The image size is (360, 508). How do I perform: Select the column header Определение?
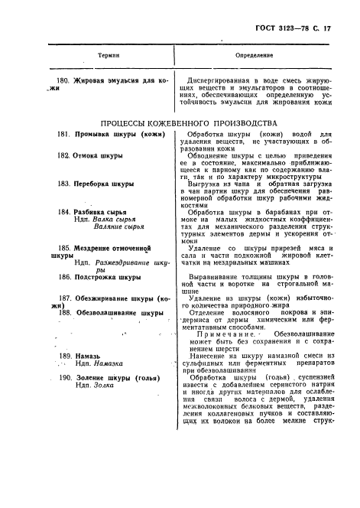click(x=255, y=56)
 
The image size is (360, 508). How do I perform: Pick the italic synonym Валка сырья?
click(x=111, y=219)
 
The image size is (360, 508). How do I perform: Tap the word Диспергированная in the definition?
click(x=226, y=80)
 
